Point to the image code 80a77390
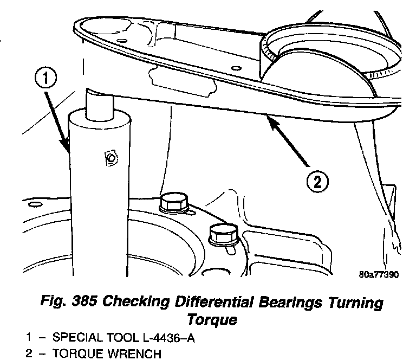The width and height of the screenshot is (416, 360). click(379, 274)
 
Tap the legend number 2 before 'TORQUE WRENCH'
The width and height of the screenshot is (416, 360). click(29, 354)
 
